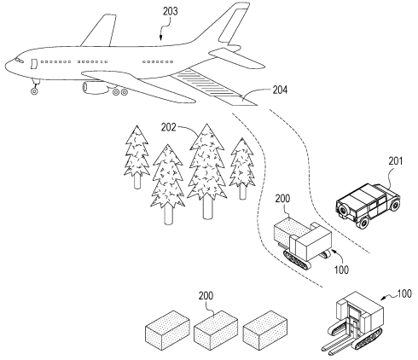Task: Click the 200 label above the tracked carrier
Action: click(x=283, y=197)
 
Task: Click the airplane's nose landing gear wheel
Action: click(x=34, y=90)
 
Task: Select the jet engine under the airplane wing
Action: click(x=96, y=86)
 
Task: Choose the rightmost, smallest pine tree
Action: click(x=243, y=163)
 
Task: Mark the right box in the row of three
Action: click(x=264, y=328)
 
